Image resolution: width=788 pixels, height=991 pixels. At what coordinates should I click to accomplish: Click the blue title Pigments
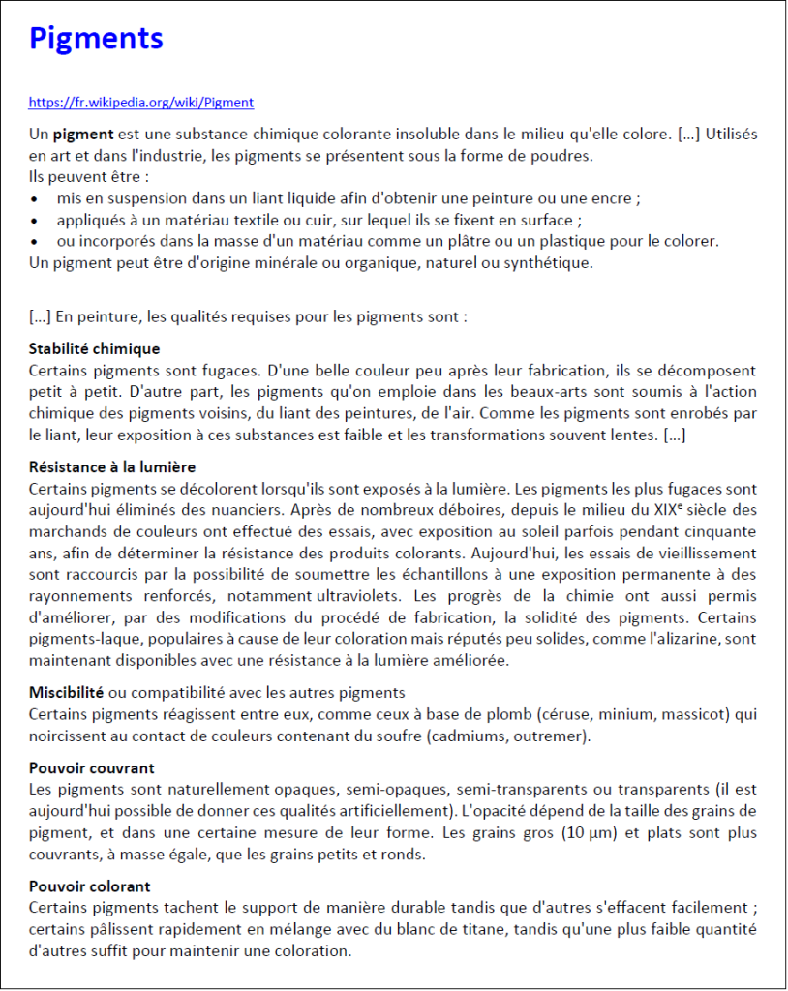pyautogui.click(x=96, y=39)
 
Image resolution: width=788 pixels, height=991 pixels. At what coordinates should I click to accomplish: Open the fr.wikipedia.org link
pyautogui.click(x=141, y=102)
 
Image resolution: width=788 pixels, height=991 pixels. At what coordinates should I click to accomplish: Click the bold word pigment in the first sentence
pyautogui.click(x=83, y=134)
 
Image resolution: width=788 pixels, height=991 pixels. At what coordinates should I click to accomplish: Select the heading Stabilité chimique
pyautogui.click(x=95, y=348)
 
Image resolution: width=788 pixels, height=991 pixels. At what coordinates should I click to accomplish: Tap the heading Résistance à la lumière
pyautogui.click(x=112, y=467)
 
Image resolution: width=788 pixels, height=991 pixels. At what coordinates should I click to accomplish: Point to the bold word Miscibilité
pyautogui.click(x=66, y=693)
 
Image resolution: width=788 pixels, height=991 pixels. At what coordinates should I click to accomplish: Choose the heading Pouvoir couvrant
pyautogui.click(x=92, y=768)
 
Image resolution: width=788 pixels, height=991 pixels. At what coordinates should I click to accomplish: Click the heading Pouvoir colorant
pyautogui.click(x=90, y=886)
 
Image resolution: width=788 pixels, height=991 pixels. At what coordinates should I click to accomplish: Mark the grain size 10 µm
pyautogui.click(x=590, y=833)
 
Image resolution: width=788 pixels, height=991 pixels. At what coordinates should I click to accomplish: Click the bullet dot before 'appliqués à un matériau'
pyautogui.click(x=36, y=220)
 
